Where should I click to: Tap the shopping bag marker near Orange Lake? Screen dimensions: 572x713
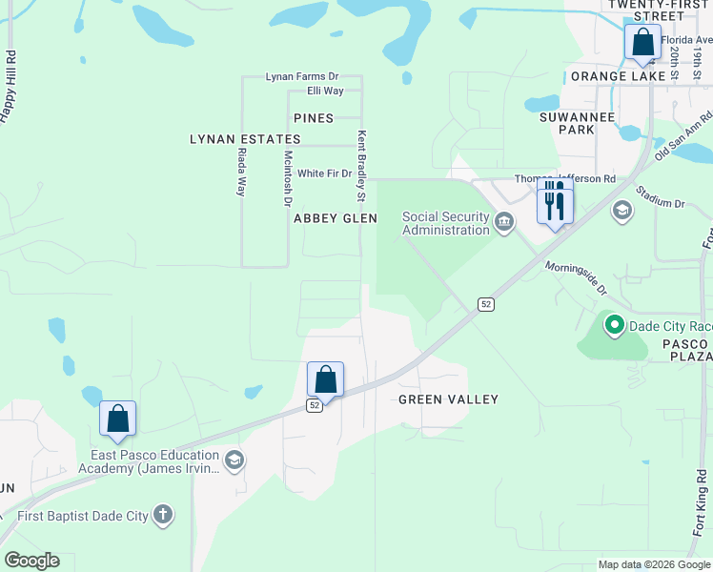pyautogui.click(x=643, y=43)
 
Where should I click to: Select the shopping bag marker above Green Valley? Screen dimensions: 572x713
pyautogui.click(x=325, y=379)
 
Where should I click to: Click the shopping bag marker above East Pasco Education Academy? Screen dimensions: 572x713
pyautogui.click(x=117, y=419)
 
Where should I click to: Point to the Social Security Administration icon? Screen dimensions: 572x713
pyautogui.click(x=504, y=223)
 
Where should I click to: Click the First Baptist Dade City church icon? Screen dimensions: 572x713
pyautogui.click(x=163, y=516)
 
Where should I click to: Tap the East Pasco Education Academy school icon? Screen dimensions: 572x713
pyautogui.click(x=234, y=461)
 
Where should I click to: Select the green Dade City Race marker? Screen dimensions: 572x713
pyautogui.click(x=615, y=326)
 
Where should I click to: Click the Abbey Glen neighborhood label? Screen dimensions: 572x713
pyautogui.click(x=336, y=218)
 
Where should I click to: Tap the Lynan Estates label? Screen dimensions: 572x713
pyautogui.click(x=245, y=139)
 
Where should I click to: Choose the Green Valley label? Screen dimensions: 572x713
pyautogui.click(x=448, y=399)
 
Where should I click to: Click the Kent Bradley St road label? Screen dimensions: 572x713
pyautogui.click(x=361, y=166)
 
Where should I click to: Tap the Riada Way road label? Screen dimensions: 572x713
pyautogui.click(x=242, y=172)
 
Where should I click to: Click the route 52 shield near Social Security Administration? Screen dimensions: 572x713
pyautogui.click(x=486, y=304)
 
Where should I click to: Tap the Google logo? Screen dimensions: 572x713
pyautogui.click(x=31, y=561)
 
